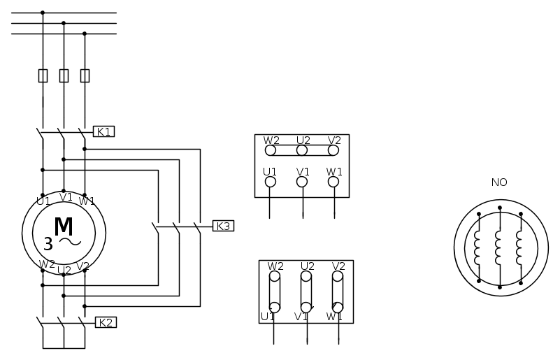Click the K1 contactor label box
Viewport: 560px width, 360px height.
(103, 131)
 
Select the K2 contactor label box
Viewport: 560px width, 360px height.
(106, 322)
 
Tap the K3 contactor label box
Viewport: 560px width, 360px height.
(223, 226)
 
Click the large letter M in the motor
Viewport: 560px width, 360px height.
(64, 226)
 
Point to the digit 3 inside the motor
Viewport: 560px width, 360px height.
(48, 244)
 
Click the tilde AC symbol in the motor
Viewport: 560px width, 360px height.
(70, 242)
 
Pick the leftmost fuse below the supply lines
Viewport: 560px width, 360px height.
(43, 75)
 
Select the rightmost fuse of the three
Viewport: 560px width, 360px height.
(85, 75)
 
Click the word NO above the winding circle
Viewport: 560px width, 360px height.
(499, 182)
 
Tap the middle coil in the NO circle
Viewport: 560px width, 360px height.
(498, 247)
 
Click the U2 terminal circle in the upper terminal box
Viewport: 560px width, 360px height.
(302, 150)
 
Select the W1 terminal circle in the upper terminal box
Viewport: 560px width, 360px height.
(333, 182)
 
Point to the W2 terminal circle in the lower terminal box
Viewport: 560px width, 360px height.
(275, 276)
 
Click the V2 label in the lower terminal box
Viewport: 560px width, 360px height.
(338, 266)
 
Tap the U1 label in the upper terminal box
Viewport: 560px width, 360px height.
(270, 172)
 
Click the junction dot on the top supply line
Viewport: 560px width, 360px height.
(43, 13)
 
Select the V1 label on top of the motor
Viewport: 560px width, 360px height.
(66, 197)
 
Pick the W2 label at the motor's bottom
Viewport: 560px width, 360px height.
(47, 264)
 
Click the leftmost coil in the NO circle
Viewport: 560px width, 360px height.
(478, 247)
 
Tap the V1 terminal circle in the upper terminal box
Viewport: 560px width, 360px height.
(302, 182)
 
